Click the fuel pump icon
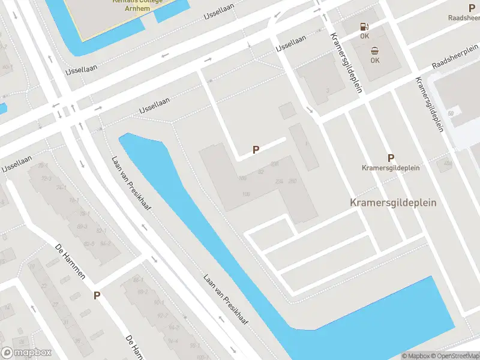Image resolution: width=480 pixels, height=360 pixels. click(x=364, y=26)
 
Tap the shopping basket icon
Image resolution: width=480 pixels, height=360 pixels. click(x=374, y=50)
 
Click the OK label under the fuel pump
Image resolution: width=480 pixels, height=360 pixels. click(x=364, y=36)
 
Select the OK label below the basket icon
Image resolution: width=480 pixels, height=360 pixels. click(x=375, y=60)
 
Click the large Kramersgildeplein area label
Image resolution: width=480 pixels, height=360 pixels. click(x=393, y=203)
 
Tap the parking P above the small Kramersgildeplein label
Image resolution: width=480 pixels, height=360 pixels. click(x=391, y=158)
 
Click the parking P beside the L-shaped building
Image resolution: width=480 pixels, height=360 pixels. click(x=256, y=150)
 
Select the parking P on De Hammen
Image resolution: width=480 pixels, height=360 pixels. click(x=97, y=295)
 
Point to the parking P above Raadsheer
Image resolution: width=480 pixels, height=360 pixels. click(x=472, y=8)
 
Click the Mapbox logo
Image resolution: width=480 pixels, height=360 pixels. click(x=26, y=353)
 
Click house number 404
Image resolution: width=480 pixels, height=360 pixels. click(x=275, y=164)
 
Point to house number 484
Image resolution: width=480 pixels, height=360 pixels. click(x=448, y=163)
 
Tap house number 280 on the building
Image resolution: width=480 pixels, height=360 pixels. click(x=293, y=181)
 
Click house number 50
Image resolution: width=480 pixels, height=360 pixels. click(x=450, y=113)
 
